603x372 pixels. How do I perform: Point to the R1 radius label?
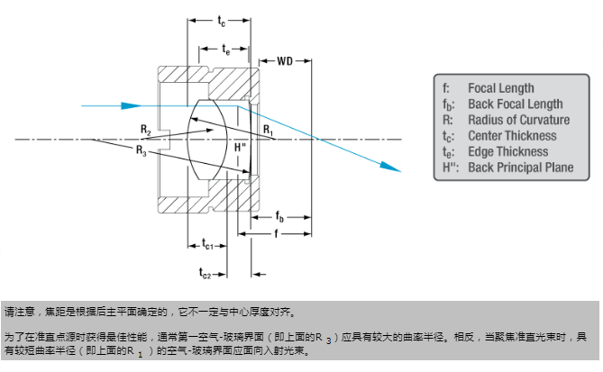point(268,131)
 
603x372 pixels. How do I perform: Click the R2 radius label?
point(146,132)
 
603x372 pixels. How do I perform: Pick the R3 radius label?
point(142,150)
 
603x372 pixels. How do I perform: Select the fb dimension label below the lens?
point(280,217)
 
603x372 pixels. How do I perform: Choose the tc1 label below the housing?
point(206,244)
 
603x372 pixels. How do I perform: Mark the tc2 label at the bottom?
point(206,271)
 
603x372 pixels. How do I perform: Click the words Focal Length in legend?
point(500,88)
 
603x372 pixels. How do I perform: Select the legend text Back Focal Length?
point(515,104)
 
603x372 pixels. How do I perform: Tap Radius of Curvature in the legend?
point(518,120)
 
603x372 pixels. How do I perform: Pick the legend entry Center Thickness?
point(512,135)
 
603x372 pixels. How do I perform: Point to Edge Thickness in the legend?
point(507,151)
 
